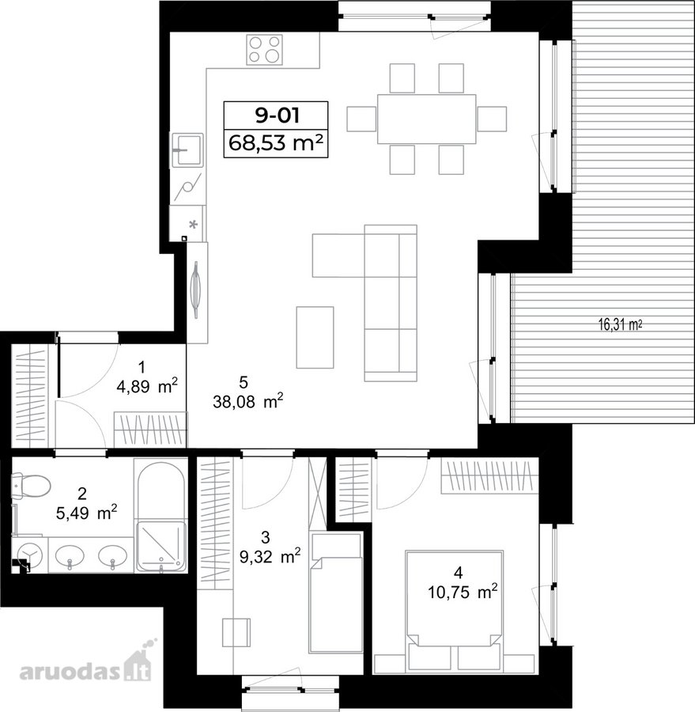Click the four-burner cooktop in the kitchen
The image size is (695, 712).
[x=264, y=49]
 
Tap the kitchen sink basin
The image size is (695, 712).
[x=187, y=150]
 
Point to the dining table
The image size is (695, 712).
[x=427, y=119]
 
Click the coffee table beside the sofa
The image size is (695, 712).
[x=315, y=337]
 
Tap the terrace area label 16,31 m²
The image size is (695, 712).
[x=620, y=324]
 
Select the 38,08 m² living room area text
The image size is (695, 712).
[x=247, y=401]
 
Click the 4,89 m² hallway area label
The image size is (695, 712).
[x=146, y=386]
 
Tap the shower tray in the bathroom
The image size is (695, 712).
[x=161, y=546]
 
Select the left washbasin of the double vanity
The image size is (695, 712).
[x=70, y=555]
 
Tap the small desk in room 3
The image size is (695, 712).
[x=236, y=632]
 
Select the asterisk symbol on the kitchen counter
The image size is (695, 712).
[x=194, y=225]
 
